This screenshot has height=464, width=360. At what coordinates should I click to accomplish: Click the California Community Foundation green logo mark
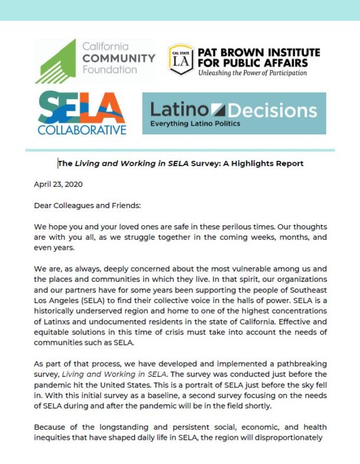click(x=56, y=62)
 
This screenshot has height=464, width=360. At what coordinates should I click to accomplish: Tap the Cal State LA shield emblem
click(x=181, y=60)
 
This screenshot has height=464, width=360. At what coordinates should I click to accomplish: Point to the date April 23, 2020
click(x=58, y=183)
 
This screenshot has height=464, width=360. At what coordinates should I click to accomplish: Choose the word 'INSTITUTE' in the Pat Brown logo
click(x=292, y=52)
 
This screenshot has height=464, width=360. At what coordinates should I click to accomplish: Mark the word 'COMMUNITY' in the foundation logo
click(x=118, y=58)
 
